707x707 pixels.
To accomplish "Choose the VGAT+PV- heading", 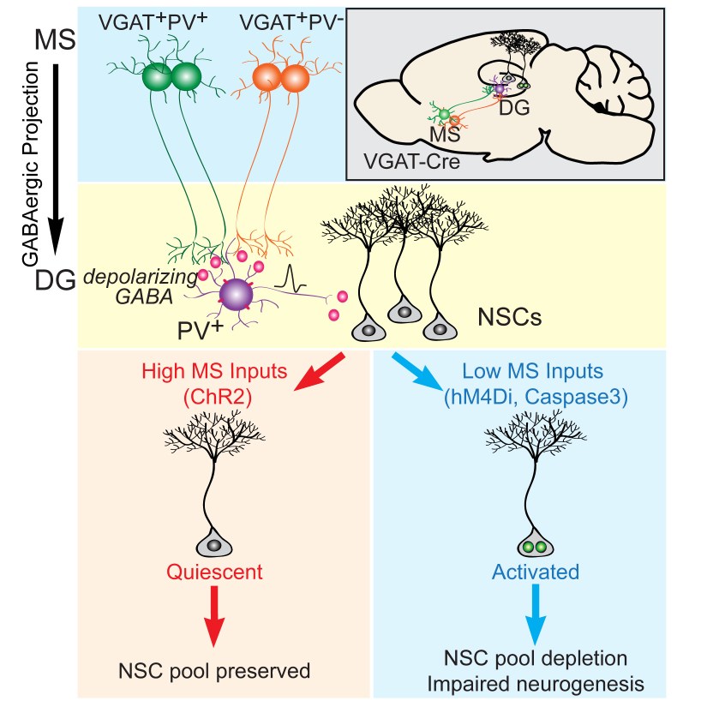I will (x=286, y=23).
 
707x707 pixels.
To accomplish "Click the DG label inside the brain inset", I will (x=518, y=105).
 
